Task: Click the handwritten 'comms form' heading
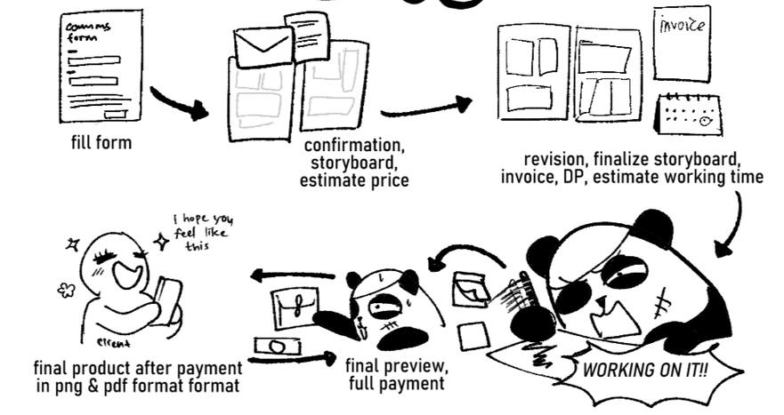click(87, 31)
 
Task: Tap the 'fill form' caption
click(101, 141)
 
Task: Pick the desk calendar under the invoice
click(688, 113)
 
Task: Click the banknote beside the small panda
click(273, 344)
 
